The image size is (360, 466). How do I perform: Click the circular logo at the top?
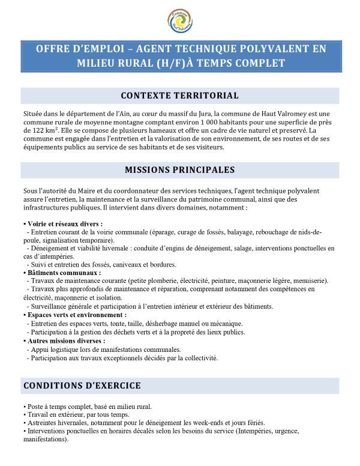click(180, 19)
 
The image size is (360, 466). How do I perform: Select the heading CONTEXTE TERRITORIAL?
click(180, 95)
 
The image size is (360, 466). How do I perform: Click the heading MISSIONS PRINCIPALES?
click(180, 170)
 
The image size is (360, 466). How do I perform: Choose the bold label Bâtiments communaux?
click(53, 272)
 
